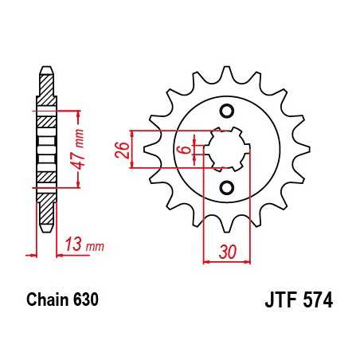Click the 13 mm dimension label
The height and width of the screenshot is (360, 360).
(x=84, y=245)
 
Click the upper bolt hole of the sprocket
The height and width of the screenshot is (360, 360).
(x=226, y=110)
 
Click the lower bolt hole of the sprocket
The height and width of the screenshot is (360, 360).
(x=226, y=188)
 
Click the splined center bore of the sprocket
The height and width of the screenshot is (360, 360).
(x=226, y=149)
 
